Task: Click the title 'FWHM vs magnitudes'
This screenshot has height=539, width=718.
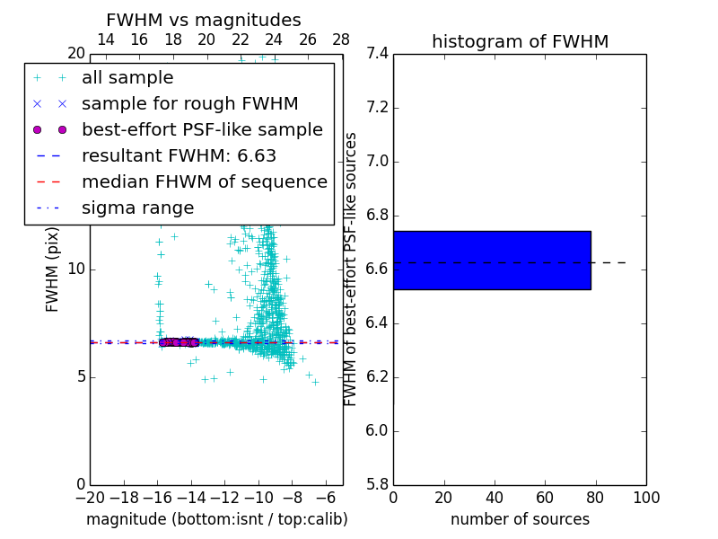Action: [x=204, y=21]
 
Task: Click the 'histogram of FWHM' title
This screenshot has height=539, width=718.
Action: [x=520, y=41]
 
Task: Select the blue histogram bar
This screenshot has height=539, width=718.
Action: [x=492, y=261]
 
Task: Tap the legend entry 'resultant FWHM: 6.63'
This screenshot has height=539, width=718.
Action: [x=179, y=155]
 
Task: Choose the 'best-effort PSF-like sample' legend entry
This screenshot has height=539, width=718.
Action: [x=202, y=129]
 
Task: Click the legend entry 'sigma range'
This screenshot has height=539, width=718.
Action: [x=137, y=208]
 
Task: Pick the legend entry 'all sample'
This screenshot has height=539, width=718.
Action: [x=127, y=78]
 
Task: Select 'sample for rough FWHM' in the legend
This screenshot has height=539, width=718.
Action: [x=189, y=103]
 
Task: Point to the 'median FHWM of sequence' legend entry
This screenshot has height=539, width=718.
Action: [x=204, y=181]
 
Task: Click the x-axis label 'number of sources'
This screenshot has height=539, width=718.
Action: [x=520, y=519]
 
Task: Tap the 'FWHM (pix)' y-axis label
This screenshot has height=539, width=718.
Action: [x=53, y=270]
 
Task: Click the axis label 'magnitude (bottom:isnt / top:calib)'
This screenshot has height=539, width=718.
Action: [x=216, y=519]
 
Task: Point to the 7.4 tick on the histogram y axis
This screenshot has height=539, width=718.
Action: [x=376, y=54]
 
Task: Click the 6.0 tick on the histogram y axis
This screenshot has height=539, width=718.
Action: [x=376, y=431]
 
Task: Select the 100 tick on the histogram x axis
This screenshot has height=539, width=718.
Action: [x=646, y=497]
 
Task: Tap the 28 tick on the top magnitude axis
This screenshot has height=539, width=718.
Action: [x=341, y=40]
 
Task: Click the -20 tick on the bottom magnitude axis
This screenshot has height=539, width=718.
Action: [x=90, y=497]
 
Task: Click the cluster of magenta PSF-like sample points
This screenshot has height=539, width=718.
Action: [x=178, y=341]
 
